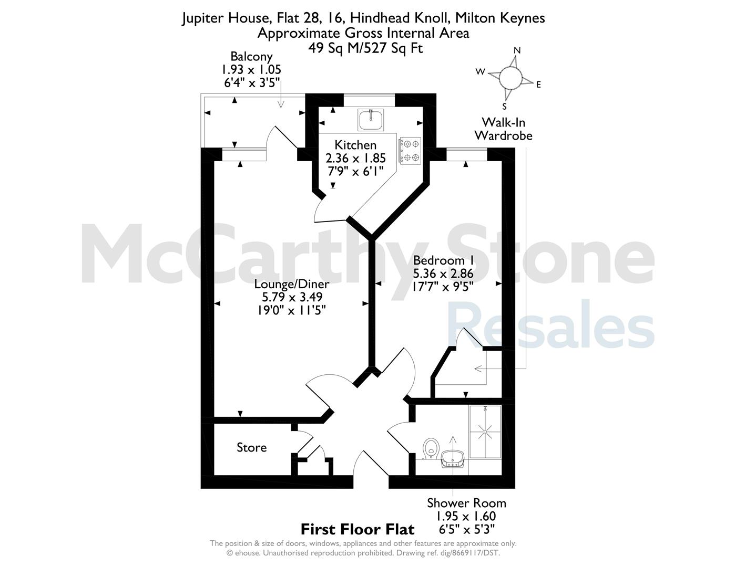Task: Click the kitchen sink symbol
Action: [x=371, y=120]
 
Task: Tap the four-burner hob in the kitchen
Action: [x=410, y=151]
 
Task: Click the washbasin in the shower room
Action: [x=453, y=459]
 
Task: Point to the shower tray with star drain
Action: [x=485, y=432]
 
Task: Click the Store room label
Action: [x=252, y=447]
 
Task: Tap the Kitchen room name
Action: [x=355, y=145]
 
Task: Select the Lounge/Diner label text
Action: [x=292, y=284]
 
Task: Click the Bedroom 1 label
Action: [x=443, y=260]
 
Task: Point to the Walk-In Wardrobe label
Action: [x=503, y=129]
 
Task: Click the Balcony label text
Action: [x=251, y=57]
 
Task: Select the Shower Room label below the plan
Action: [x=466, y=503]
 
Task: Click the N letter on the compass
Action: [x=517, y=50]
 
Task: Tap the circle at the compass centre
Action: [x=511, y=77]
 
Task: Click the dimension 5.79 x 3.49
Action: [x=292, y=297]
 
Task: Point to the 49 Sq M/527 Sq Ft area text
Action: [x=365, y=48]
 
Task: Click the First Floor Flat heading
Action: [x=358, y=529]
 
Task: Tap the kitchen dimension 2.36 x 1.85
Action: [x=355, y=158]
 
